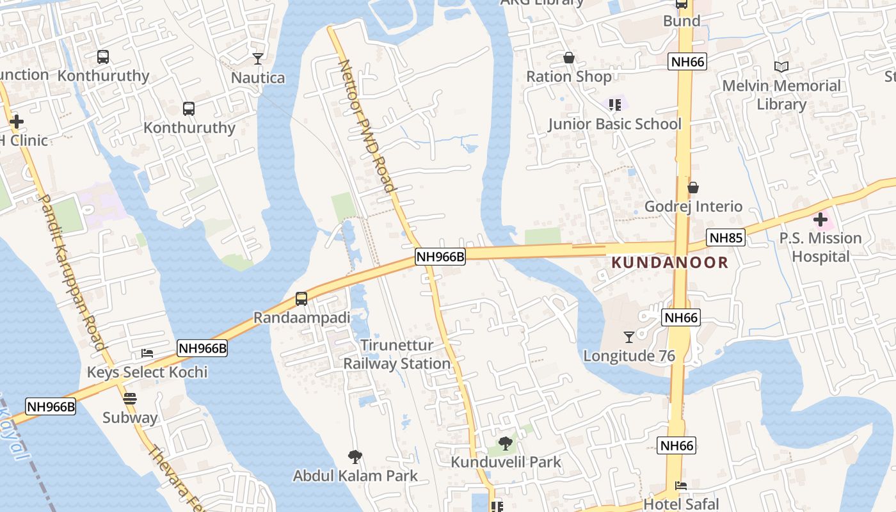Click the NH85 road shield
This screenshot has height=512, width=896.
point(726,238)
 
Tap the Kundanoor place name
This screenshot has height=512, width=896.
point(669,262)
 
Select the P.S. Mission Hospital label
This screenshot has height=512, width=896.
point(820,247)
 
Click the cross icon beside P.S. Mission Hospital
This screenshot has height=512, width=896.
point(820,220)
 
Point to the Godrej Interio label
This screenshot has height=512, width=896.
point(693,206)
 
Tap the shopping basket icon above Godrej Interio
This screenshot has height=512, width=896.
point(692,188)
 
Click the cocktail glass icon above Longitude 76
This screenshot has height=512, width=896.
point(628,337)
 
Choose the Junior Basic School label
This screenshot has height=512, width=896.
point(614,124)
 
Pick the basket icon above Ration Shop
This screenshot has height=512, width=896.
point(568,58)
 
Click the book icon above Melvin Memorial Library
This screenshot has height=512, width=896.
point(781,67)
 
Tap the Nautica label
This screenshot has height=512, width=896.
point(258,78)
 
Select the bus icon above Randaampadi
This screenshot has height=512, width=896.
point(301,299)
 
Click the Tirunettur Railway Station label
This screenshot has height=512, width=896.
point(397,354)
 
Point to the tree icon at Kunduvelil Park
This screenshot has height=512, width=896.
point(506,443)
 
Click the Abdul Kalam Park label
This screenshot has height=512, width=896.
point(355,476)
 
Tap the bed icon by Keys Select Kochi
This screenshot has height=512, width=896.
point(147,353)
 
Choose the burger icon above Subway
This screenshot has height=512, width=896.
point(130,399)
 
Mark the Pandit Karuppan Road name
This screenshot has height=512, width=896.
point(74,272)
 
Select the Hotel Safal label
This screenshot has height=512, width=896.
point(681,504)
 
